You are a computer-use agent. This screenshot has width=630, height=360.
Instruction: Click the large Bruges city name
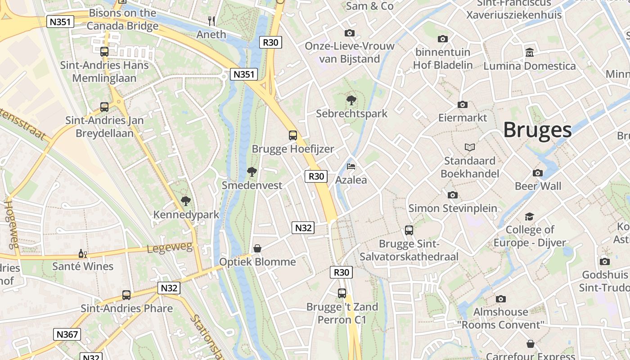(x=537, y=130)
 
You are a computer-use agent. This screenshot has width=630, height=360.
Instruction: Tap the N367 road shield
(x=67, y=334)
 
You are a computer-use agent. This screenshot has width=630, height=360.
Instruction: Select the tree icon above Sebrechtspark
(x=351, y=100)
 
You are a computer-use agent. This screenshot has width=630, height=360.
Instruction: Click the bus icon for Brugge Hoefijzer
(x=293, y=135)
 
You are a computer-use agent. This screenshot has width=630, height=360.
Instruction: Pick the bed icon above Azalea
(x=351, y=166)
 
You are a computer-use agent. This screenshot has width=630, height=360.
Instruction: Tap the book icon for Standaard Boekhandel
(x=470, y=147)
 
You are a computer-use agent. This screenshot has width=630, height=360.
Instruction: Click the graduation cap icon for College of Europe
(x=529, y=217)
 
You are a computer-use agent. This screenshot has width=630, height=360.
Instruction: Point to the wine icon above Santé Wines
(x=83, y=254)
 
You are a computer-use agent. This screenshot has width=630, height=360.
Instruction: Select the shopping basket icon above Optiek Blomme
(x=257, y=248)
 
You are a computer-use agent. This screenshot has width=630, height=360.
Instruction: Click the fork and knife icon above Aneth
(x=211, y=21)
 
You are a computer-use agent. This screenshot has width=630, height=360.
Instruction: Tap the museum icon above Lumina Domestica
(x=529, y=53)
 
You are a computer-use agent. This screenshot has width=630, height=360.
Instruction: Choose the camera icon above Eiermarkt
(x=463, y=105)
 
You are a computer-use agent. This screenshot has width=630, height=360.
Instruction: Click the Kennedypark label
(x=186, y=215)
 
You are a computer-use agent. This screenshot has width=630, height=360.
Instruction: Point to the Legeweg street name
(x=170, y=247)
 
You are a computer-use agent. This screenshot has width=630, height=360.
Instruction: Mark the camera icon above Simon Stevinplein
(x=453, y=195)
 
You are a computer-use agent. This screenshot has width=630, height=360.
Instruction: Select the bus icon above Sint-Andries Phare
(x=126, y=295)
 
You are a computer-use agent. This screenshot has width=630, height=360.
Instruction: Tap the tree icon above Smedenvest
(x=252, y=171)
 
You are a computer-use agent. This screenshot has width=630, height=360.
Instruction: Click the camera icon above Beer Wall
(x=538, y=173)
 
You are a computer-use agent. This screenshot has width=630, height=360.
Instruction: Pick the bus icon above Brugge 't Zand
(x=342, y=293)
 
